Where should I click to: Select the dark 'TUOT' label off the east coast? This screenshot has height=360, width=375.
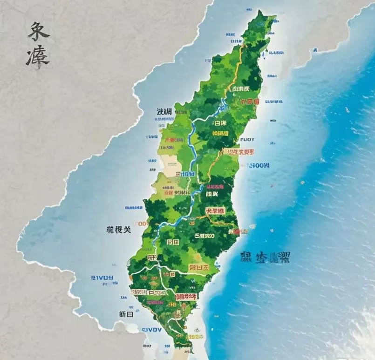[247, 139]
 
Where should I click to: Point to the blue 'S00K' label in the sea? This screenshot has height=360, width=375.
[259, 165]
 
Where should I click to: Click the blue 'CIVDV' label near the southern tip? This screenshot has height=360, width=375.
[151, 330]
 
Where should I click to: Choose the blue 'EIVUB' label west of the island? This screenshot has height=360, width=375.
[102, 278]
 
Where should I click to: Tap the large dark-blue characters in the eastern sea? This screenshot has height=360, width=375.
[265, 258]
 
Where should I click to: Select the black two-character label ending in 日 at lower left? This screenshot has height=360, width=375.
[126, 314]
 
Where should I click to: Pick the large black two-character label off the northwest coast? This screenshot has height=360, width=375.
[164, 112]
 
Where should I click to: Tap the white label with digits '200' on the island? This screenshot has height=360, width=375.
[204, 236]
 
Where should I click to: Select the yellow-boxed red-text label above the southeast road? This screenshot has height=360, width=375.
[198, 267]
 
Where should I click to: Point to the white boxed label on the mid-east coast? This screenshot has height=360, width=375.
[239, 151]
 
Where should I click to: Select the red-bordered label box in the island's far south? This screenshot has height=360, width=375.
[185, 296]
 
